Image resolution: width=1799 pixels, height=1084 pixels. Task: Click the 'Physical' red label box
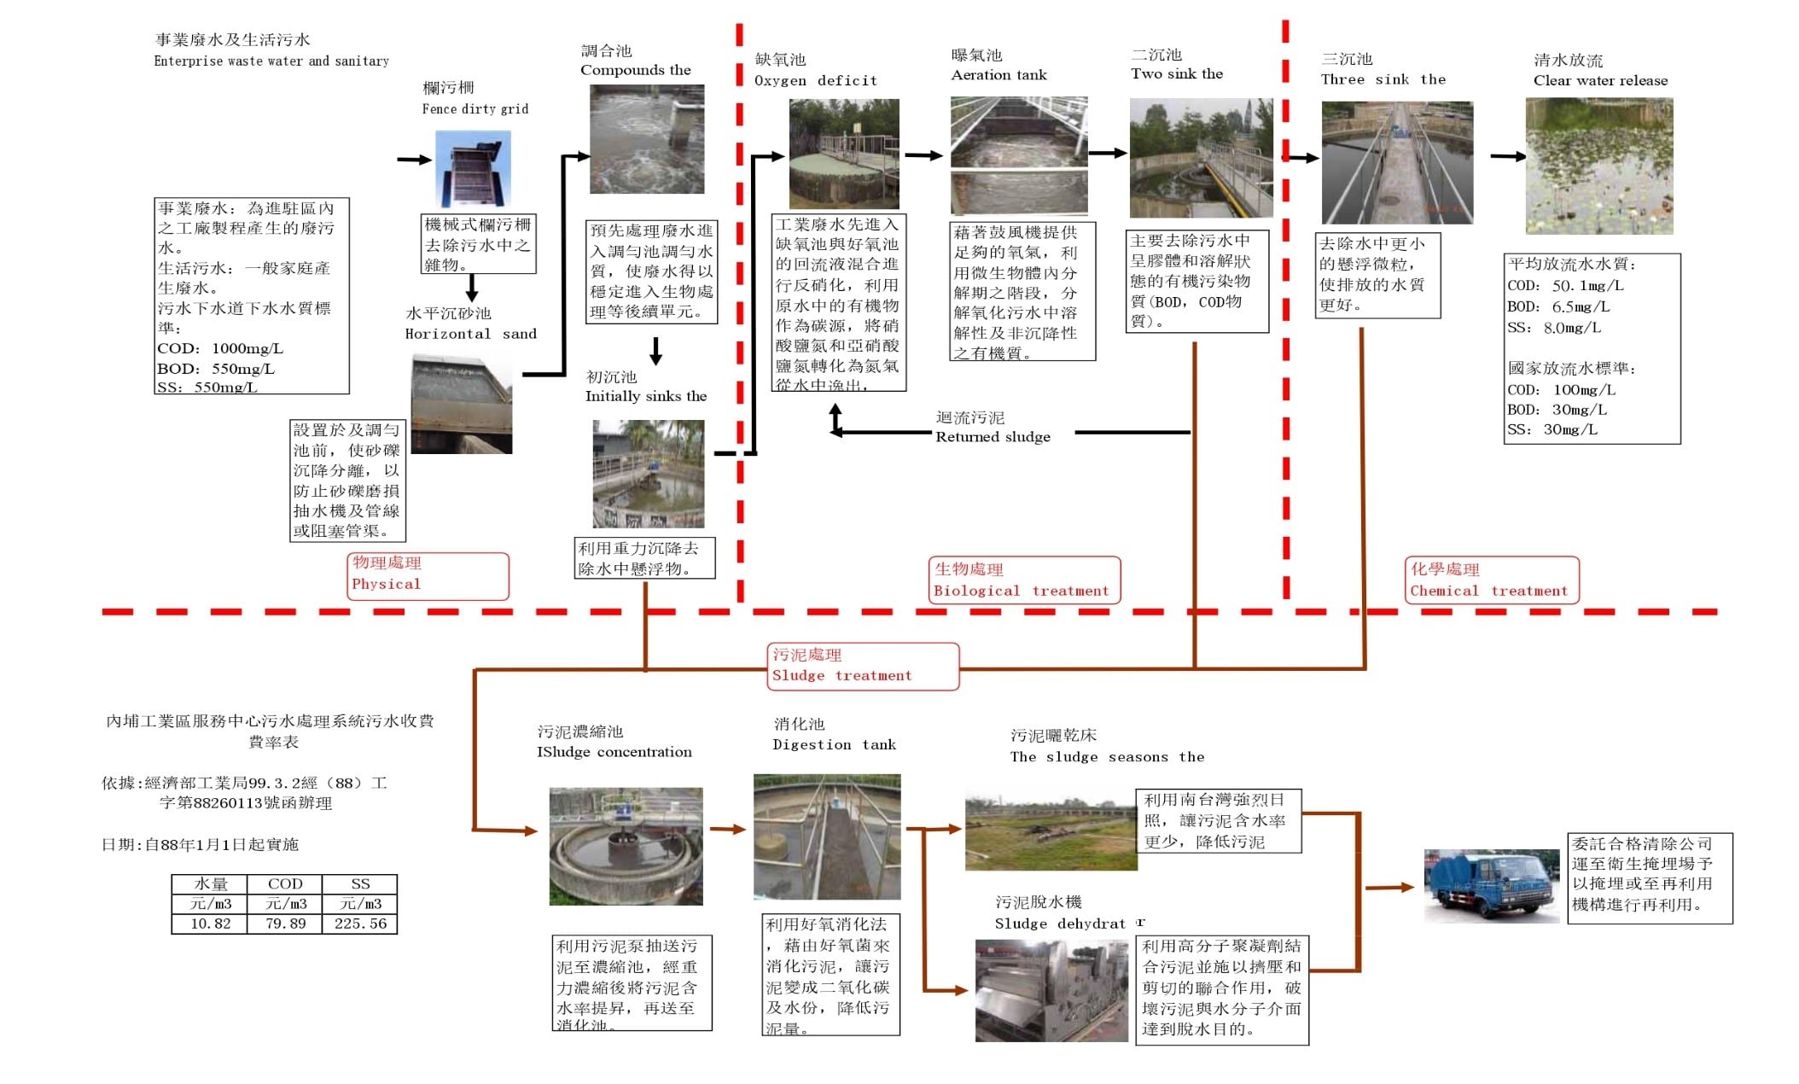(x=429, y=575)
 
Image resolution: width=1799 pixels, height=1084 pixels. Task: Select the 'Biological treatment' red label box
(x=1023, y=580)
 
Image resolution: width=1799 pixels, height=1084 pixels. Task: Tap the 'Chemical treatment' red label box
(x=1492, y=580)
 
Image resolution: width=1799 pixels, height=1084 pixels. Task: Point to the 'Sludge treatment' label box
(x=863, y=666)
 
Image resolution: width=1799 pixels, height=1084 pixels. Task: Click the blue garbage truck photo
(x=1492, y=885)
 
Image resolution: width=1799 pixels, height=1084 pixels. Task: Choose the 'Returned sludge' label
(x=993, y=428)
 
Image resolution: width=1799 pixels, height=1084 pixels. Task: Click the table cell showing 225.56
(x=360, y=924)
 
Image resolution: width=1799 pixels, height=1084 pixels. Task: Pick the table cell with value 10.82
(x=210, y=924)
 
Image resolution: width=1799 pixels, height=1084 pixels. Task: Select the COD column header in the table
(x=285, y=884)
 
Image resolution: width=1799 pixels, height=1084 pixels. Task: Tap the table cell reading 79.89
(x=285, y=924)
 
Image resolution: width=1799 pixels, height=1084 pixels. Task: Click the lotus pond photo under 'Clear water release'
(x=1598, y=166)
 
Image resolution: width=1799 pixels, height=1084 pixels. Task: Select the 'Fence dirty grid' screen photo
(x=473, y=169)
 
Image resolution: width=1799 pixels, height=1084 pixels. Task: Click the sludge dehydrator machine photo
(x=1051, y=990)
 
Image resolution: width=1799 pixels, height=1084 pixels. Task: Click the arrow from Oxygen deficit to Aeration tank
(x=923, y=155)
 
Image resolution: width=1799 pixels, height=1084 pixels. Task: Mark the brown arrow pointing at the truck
(x=1390, y=888)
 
